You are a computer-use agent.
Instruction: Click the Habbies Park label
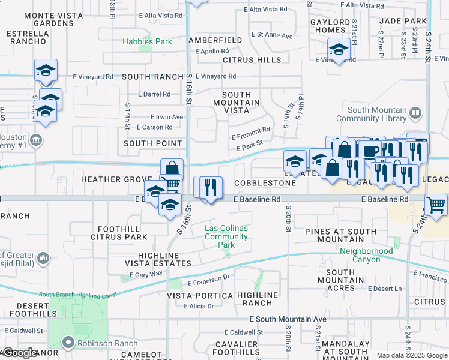147,42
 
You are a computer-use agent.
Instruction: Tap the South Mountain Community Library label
385,114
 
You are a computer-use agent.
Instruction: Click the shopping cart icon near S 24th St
436,205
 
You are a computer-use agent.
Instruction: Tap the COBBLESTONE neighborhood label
265,182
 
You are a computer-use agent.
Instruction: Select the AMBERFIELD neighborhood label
215,40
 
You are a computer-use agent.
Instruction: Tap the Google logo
20,353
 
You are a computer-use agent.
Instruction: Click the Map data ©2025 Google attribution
411,355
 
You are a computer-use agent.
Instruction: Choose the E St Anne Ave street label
272,35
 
